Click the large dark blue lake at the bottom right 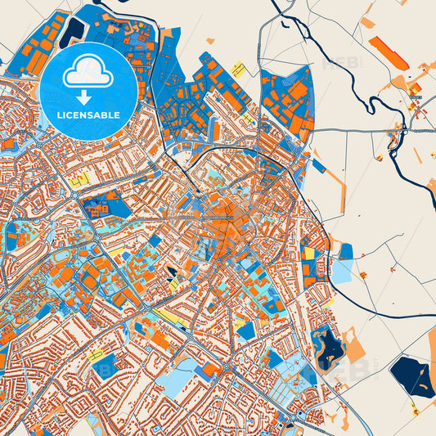click(413, 375)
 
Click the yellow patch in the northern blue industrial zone click(239, 69)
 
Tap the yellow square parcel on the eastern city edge click(310, 254)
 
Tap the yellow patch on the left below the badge click(80, 182)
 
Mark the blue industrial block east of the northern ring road click(286, 102)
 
